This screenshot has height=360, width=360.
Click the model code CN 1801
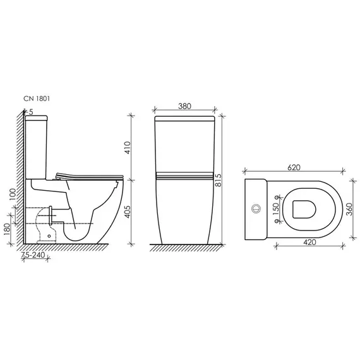pos(37,99)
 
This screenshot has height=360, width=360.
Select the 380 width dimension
pos(184,107)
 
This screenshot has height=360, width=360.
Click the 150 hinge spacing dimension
pos(275,209)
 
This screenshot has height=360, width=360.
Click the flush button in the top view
pos(256,207)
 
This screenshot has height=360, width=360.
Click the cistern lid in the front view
pos(184,118)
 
